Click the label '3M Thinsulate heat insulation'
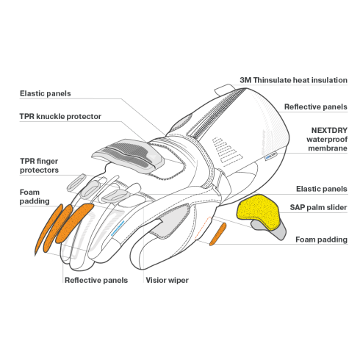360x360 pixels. [293, 80]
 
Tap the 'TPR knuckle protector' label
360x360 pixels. [60, 116]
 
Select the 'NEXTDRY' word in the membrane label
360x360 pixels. [329, 130]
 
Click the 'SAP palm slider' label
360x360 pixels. [318, 207]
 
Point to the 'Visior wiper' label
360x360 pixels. [167, 280]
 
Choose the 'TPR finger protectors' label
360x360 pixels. [39, 165]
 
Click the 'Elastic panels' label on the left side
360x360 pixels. [46, 93]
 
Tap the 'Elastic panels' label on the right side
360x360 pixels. [322, 189]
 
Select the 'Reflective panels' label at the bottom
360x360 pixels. [96, 280]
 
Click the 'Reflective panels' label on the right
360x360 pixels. [316, 107]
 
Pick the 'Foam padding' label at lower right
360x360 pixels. [321, 240]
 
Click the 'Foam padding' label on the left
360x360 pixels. [35, 197]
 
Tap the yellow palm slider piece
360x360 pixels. [258, 211]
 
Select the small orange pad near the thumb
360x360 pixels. [217, 234]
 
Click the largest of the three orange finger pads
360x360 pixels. [74, 223]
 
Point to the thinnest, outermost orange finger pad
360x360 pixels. [48, 228]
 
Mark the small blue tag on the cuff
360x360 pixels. [270, 156]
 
